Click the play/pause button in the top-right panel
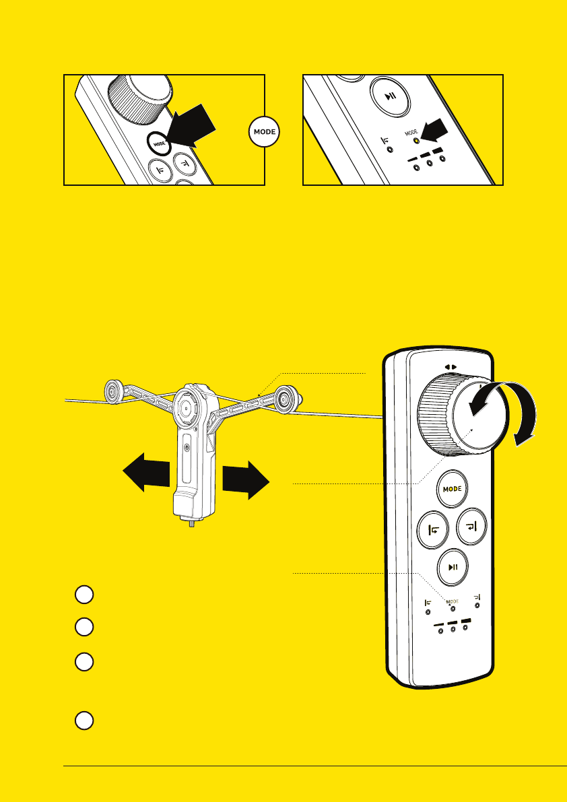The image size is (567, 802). point(391,97)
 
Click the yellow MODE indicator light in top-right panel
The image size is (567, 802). point(417,141)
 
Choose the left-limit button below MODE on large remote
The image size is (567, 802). point(433,529)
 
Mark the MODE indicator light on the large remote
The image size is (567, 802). point(453,609)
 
